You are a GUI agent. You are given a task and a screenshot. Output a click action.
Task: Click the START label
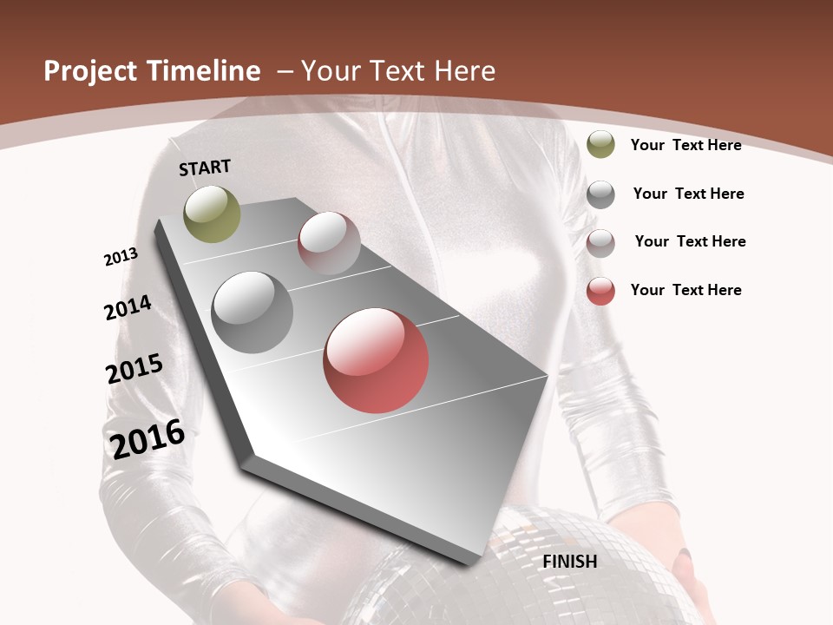(x=205, y=167)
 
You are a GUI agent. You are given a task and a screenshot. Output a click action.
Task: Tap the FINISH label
(x=570, y=562)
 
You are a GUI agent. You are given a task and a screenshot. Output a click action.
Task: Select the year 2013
(x=121, y=257)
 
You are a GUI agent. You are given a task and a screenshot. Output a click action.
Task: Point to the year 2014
(x=128, y=307)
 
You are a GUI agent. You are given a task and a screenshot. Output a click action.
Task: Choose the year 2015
(x=134, y=369)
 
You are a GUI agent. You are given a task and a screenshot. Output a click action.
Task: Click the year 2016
(x=148, y=438)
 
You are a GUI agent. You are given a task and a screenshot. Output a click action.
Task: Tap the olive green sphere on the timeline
(x=212, y=214)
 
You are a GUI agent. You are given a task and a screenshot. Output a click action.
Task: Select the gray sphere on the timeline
(x=252, y=312)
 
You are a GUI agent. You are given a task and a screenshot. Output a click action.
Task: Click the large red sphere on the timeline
(x=376, y=360)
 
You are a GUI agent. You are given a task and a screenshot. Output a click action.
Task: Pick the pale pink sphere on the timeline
(x=329, y=243)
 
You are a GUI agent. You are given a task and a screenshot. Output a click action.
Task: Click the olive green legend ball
(x=600, y=145)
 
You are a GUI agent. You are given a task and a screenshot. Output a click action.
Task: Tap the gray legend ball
(x=600, y=194)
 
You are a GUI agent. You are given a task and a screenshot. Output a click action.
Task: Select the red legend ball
(x=600, y=291)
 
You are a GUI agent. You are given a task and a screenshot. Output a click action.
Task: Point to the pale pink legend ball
(x=600, y=243)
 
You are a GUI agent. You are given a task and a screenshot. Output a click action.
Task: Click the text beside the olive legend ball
(x=685, y=145)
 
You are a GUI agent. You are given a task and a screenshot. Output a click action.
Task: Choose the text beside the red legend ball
(x=685, y=290)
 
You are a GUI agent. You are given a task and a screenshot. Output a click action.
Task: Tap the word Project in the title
(x=90, y=71)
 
